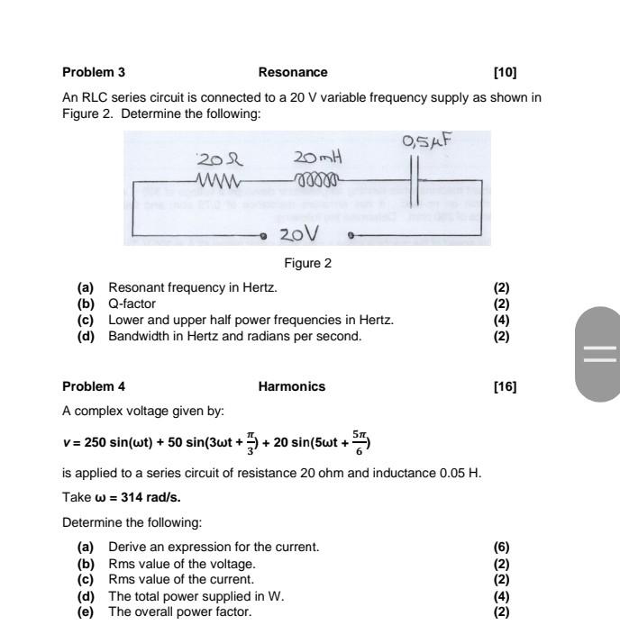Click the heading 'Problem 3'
click(x=94, y=72)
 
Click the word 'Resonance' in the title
click(x=293, y=72)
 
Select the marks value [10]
click(x=506, y=72)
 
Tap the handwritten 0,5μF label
click(x=426, y=141)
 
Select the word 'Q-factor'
click(x=132, y=303)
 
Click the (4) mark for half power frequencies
click(x=502, y=320)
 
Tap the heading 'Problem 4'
click(x=94, y=387)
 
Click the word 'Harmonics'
click(x=292, y=387)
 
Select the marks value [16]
click(x=506, y=387)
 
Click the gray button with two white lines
click(x=597, y=352)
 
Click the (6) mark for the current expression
click(x=502, y=547)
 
